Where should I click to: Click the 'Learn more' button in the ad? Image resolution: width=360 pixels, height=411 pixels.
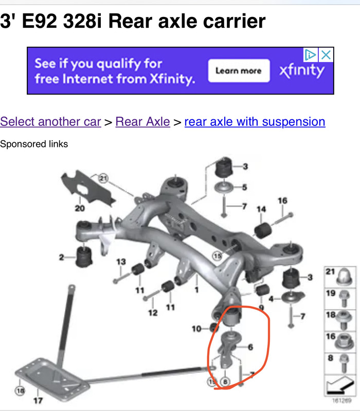[239, 71]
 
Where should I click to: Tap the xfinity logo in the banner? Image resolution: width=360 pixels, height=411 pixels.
[302, 70]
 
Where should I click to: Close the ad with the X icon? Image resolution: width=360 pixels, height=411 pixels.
[326, 55]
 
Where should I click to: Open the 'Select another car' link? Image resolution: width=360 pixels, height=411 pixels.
[50, 122]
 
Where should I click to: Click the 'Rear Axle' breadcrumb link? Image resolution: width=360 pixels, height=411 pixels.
[142, 122]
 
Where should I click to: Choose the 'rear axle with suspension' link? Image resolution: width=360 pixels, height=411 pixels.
[255, 122]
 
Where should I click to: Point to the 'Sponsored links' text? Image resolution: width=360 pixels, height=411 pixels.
[34, 144]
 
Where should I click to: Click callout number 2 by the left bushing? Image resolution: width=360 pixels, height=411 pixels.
[62, 257]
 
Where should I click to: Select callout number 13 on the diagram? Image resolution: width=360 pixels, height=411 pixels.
[121, 262]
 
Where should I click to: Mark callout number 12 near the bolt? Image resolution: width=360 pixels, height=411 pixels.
[153, 312]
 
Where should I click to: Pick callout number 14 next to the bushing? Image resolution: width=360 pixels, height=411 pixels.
[261, 209]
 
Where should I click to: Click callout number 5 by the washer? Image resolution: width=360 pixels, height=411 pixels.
[245, 187]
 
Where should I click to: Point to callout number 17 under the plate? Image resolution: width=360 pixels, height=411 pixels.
[38, 401]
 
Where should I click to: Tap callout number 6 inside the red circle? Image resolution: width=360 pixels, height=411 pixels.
[250, 347]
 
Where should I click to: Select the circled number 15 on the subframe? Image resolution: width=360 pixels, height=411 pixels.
[218, 255]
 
